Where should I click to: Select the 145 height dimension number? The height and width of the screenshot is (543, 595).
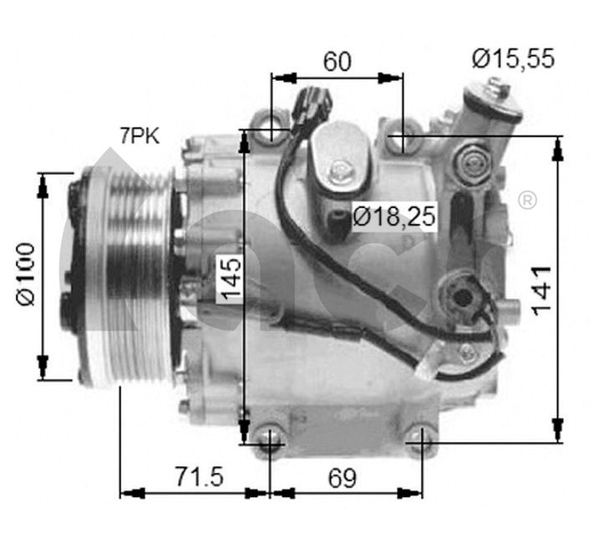click(231, 278)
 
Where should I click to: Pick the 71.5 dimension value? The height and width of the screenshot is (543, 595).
click(200, 477)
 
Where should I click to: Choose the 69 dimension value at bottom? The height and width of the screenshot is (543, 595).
click(341, 478)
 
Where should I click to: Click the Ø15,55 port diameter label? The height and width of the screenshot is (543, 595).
click(513, 59)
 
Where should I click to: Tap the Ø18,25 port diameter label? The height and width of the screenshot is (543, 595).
click(394, 216)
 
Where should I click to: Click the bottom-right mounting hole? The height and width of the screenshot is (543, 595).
click(418, 436)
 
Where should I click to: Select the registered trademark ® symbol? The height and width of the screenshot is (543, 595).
click(527, 200)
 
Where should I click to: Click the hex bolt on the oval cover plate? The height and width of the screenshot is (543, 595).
click(339, 174)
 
